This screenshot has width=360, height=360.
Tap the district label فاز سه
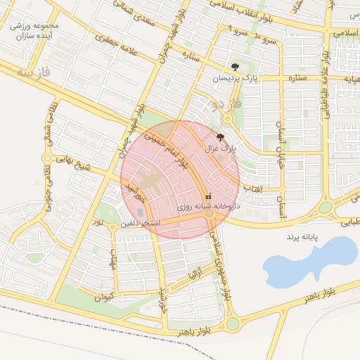coord(35,72)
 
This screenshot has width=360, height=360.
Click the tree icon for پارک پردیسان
coord(235,66)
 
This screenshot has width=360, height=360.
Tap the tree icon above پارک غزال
coord(221,137)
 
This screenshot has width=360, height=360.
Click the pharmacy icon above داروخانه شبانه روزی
coord(207,196)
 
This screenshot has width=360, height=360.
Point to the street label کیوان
coord(103,297)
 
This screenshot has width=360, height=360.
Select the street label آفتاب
coord(253,188)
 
